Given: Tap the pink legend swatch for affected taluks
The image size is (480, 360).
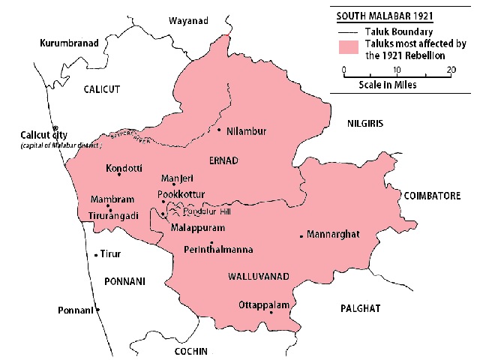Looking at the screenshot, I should [x=348, y=49].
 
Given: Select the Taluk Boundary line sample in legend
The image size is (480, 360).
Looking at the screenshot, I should [x=348, y=32].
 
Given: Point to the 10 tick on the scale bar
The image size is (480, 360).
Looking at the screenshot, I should [x=397, y=70].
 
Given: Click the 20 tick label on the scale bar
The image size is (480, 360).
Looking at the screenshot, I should [x=450, y=70].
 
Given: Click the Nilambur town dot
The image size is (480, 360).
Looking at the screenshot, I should [x=219, y=130].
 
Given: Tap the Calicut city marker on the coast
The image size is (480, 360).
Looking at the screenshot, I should [x=55, y=128].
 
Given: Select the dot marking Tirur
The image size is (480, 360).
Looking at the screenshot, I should [x=96, y=255].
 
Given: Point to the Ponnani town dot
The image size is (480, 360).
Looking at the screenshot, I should [x=97, y=310].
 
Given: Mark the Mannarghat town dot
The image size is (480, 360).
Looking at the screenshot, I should [x=301, y=236].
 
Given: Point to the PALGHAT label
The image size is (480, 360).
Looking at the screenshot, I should [x=360, y=308].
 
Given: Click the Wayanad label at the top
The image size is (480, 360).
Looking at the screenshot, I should [x=187, y=19].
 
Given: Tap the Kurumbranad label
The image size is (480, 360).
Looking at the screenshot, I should [x=70, y=44].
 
